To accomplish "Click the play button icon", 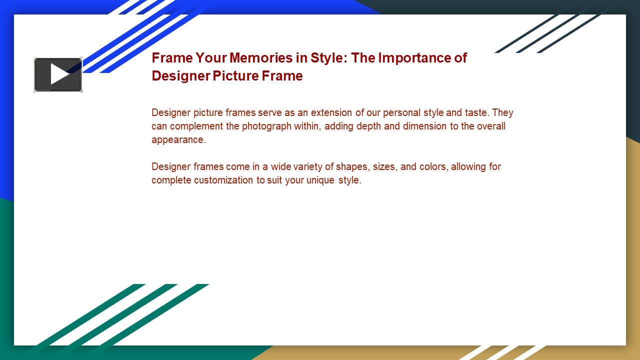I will click(58, 74).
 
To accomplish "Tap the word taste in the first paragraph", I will click(476, 112).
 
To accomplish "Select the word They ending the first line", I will click(502, 112).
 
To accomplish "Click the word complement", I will click(196, 126).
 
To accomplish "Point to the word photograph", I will click(266, 126).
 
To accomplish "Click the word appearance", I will click(178, 139).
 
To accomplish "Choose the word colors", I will click(433, 166).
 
